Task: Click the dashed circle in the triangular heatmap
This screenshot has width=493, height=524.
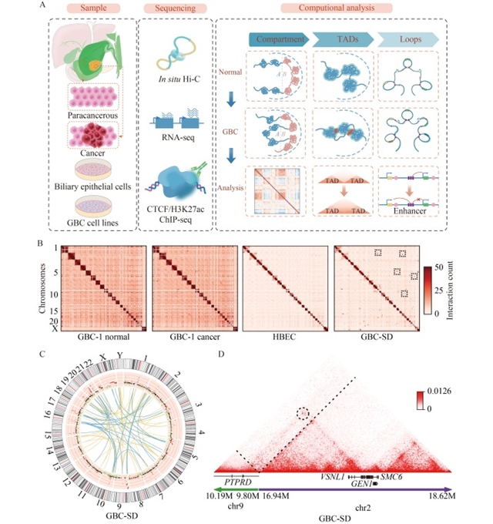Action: [304, 414]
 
